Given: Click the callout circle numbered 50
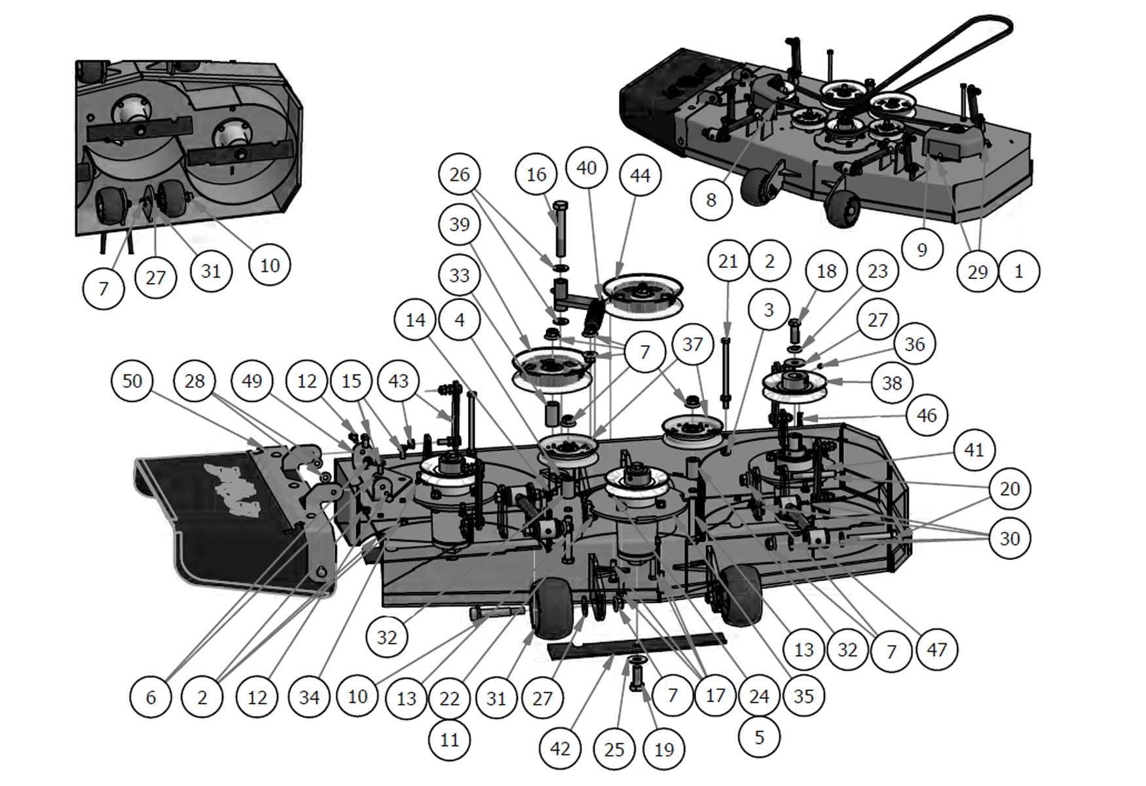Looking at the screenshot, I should (132, 381).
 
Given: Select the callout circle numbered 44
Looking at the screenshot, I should (640, 176).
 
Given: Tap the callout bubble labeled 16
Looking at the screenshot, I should (536, 174).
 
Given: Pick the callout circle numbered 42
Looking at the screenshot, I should (561, 749).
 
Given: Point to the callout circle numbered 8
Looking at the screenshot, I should (712, 199).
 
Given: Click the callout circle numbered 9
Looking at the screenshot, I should (922, 250).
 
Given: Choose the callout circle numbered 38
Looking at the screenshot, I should (892, 383).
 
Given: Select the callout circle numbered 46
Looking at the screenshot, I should (927, 415).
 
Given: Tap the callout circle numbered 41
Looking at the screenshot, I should (974, 450).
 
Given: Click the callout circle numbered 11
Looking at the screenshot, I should (450, 740).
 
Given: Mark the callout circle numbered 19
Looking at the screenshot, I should (664, 749).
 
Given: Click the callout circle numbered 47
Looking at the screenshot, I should (937, 650).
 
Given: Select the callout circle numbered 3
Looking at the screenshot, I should (769, 310).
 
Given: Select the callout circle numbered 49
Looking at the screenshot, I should (252, 381).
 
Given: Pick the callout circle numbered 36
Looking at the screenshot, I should (915, 344).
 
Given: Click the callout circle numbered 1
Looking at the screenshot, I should (1018, 271).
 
